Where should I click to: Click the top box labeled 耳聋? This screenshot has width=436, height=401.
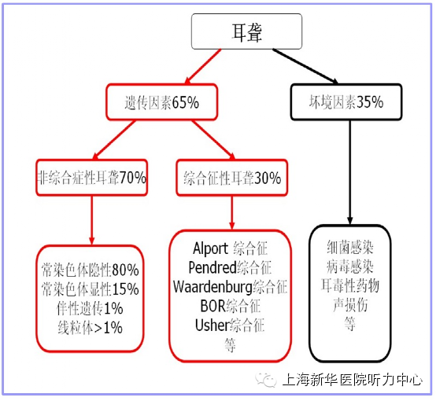point(246,31)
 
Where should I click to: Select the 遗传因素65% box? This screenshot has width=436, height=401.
point(161,102)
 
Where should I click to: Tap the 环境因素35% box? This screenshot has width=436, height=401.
point(346,102)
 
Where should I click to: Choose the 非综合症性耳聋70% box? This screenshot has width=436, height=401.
point(92,178)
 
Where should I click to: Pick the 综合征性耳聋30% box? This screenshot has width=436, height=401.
point(232,178)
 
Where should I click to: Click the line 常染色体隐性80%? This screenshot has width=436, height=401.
point(90,270)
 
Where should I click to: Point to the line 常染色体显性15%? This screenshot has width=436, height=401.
point(90,289)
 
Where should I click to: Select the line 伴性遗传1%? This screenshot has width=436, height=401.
point(90,308)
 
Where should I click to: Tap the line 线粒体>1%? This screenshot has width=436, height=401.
point(90,328)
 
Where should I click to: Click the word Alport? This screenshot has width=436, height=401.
point(210,248)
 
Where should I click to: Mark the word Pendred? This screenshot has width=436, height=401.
point(212,267)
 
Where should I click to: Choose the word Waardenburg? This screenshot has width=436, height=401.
point(212,286)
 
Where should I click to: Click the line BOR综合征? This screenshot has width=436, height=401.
point(231,306)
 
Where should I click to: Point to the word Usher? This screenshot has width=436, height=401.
point(212,325)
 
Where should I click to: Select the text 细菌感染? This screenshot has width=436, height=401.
point(349,247)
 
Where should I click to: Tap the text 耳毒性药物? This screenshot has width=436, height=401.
point(349,285)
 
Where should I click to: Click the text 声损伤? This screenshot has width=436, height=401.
point(350,304)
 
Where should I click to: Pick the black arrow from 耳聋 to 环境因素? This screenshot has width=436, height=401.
point(305,66)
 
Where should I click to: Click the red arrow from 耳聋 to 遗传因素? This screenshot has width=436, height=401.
point(203,66)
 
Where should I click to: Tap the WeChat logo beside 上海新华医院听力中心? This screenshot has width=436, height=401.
point(266,379)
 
